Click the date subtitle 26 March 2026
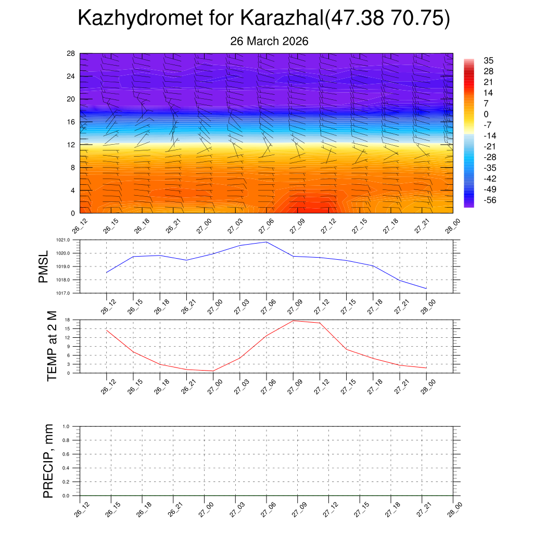pyautogui.click(x=269, y=41)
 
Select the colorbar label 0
pyautogui.click(x=486, y=114)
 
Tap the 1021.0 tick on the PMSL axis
pyautogui.click(x=69, y=240)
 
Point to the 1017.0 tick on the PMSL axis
pyautogui.click(x=69, y=293)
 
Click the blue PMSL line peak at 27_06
pyautogui.click(x=266, y=242)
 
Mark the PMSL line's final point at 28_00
pyautogui.click(x=426, y=288)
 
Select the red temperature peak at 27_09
pyautogui.click(x=293, y=321)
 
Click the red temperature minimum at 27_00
pyautogui.click(x=213, y=371)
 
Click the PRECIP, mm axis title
pyautogui.click(x=48, y=461)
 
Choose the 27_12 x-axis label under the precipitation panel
pyautogui.click(x=328, y=511)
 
